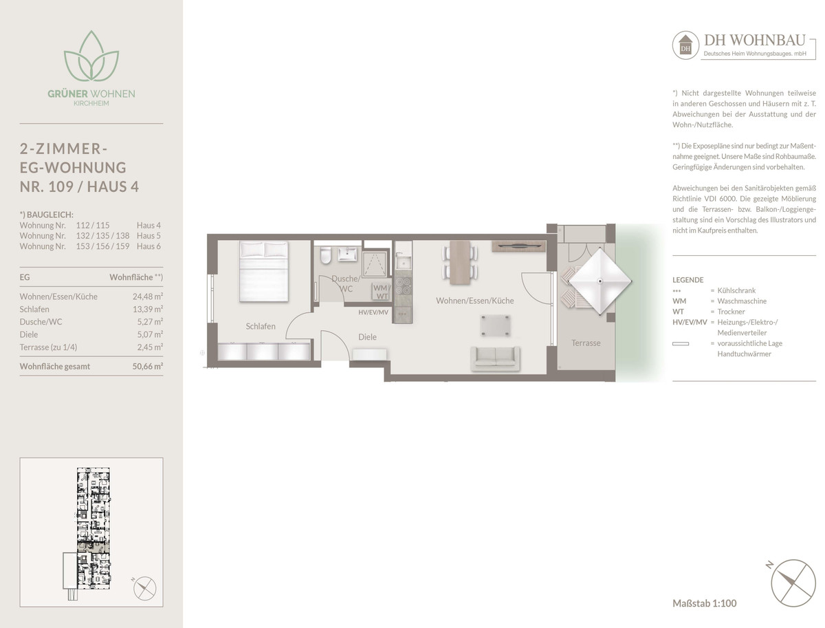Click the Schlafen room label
coord(261,326)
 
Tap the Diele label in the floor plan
coord(367,337)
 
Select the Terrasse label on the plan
coord(586,343)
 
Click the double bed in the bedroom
coord(264,271)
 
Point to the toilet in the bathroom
coord(325,255)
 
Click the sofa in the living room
coord(496,359)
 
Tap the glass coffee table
coord(495,325)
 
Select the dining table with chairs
coord(460,262)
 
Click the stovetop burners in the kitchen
coord(403,285)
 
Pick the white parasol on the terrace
coord(600,281)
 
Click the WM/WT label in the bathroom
coord(382,292)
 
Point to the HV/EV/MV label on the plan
coord(373,312)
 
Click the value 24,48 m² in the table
coord(148,296)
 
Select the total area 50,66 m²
coord(148,366)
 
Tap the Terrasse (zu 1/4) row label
coord(49,347)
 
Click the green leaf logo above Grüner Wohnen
coord(91,56)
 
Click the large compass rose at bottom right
coord(793,583)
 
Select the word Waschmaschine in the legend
coord(742,301)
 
